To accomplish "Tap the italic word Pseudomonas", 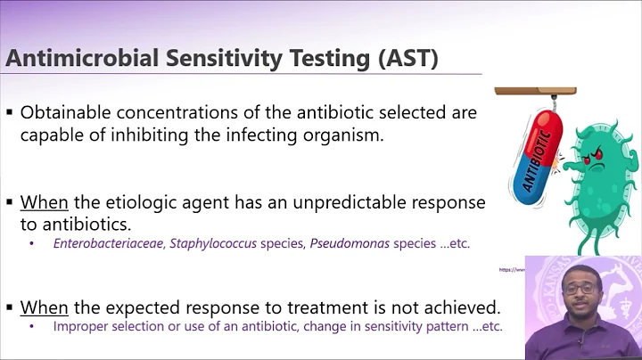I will pyautogui.click(x=350, y=243).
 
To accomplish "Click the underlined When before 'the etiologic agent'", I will pyautogui.click(x=44, y=203).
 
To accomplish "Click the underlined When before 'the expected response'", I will pyautogui.click(x=44, y=307).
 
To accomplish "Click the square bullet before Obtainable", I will pyautogui.click(x=10, y=114).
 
